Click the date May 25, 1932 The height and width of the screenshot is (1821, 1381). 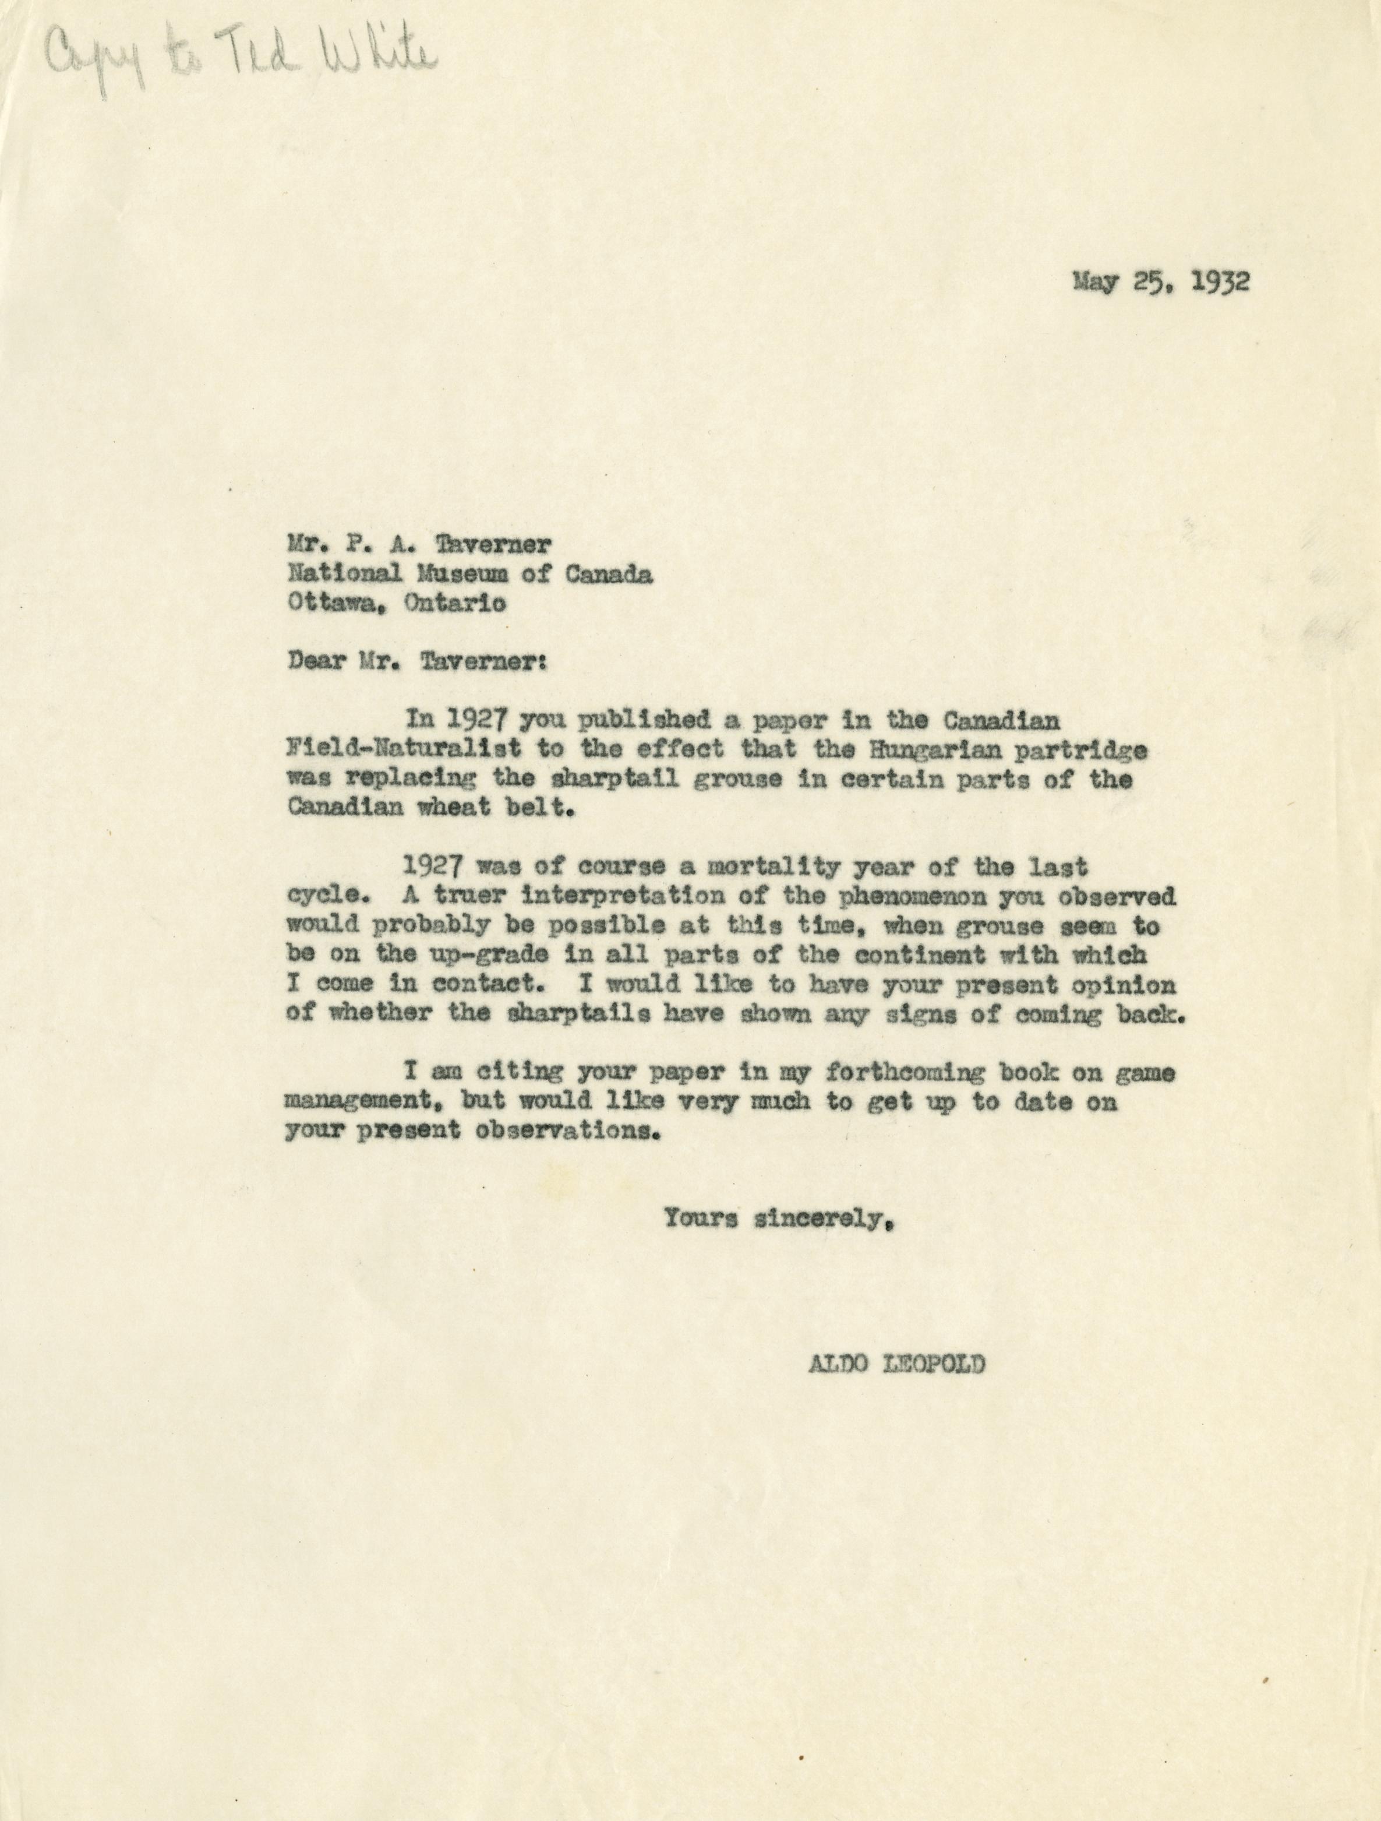1160,281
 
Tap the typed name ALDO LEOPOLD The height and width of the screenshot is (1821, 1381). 895,1364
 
